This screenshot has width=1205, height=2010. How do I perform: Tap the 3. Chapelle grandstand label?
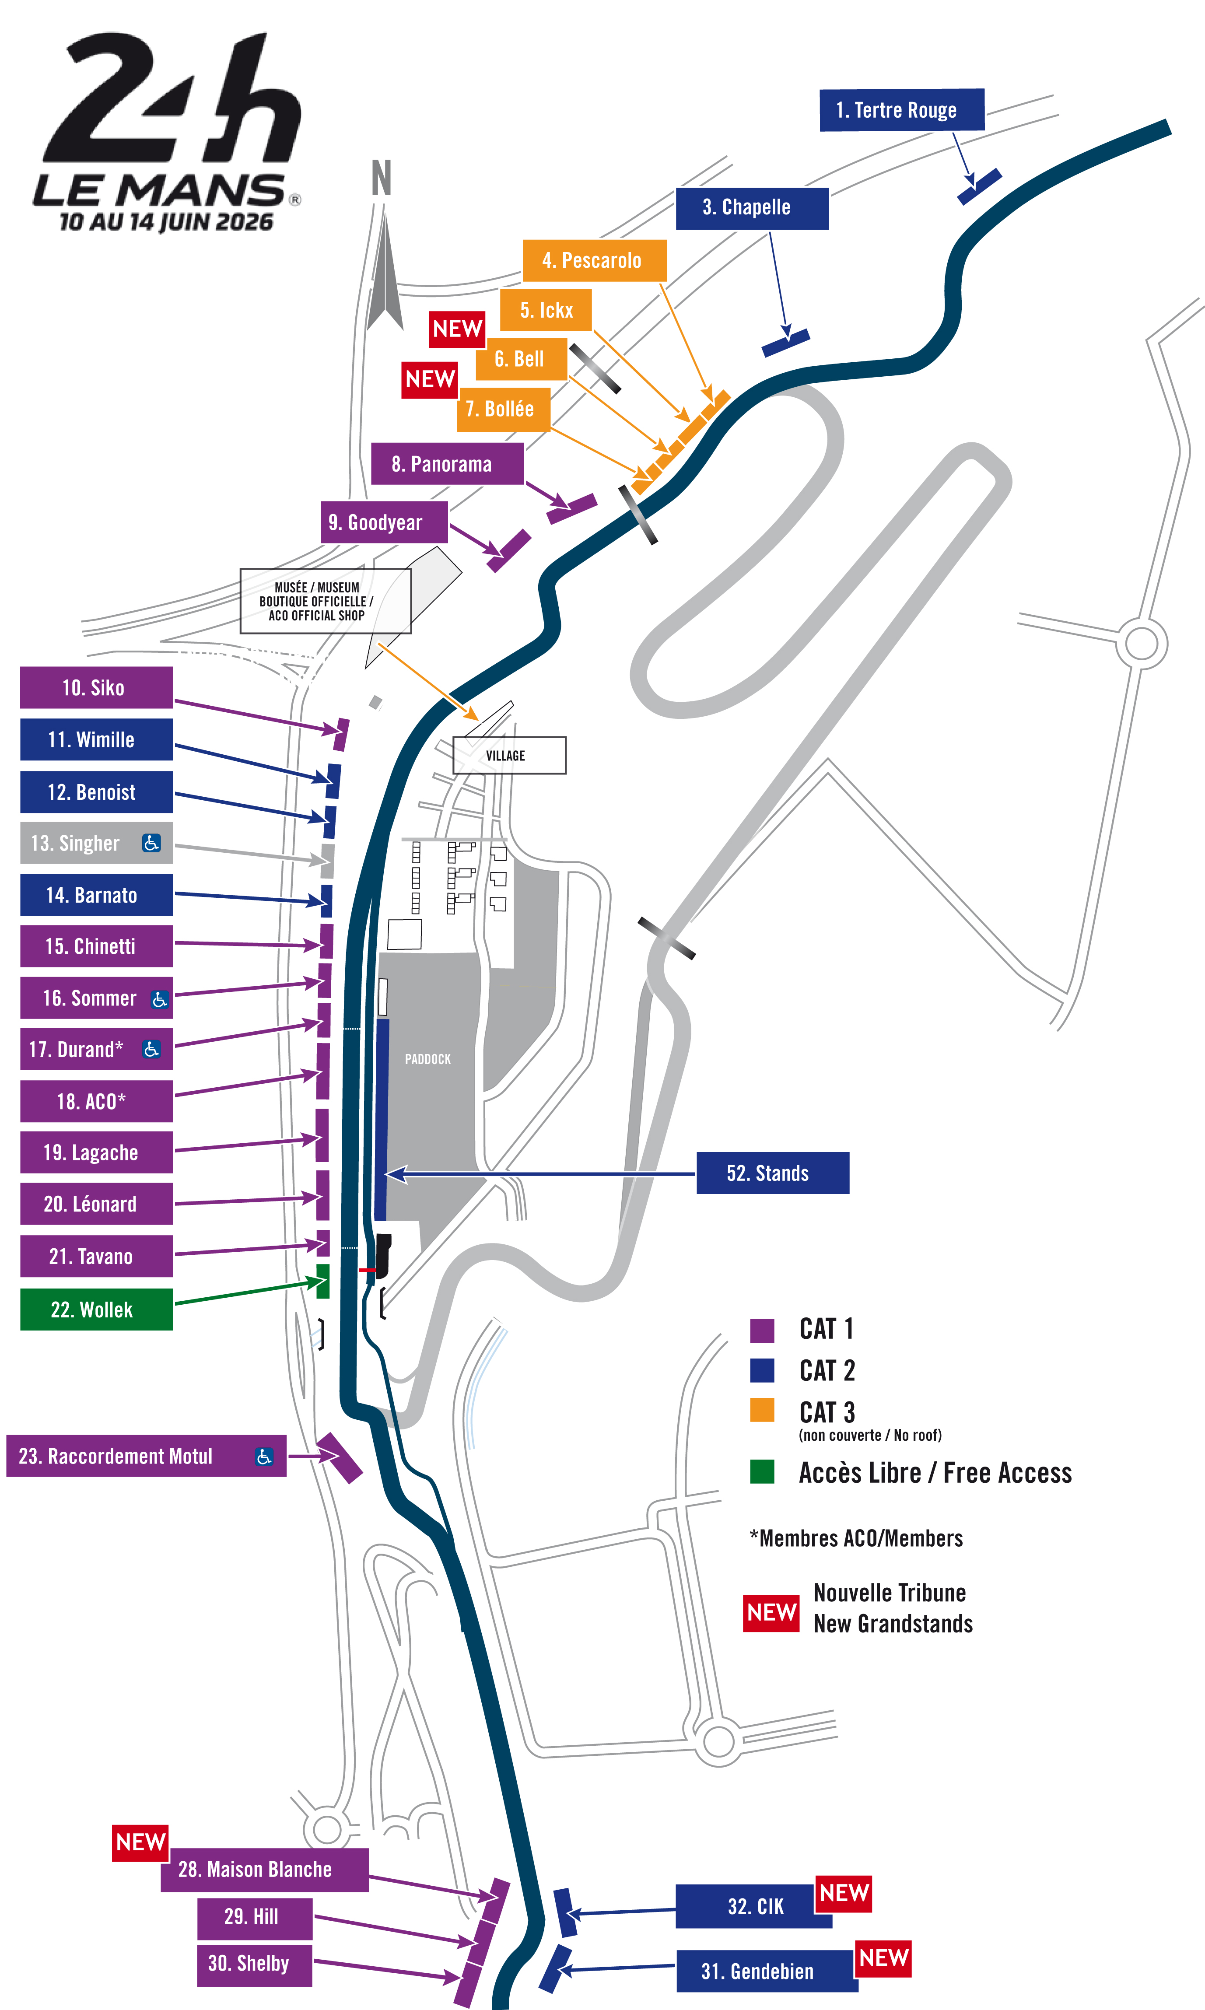tap(752, 208)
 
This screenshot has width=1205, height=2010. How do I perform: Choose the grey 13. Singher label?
tap(96, 844)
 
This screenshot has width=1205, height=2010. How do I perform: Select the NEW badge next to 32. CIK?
tap(844, 1893)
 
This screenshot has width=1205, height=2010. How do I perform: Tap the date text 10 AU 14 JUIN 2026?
tap(166, 222)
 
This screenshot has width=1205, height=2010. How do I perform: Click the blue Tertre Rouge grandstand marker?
tap(979, 187)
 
